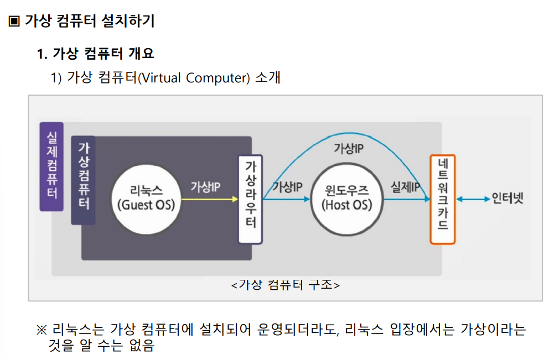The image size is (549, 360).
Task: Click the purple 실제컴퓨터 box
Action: [x=51, y=166]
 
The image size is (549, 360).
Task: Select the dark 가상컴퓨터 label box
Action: [x=84, y=180]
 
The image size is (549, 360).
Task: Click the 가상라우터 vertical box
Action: [x=250, y=199]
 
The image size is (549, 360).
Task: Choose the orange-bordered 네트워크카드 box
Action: [x=442, y=199]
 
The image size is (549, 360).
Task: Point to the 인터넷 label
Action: [x=507, y=198]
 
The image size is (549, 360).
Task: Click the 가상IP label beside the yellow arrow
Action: [x=206, y=186]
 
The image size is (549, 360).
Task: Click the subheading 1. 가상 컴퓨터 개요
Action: [x=95, y=54]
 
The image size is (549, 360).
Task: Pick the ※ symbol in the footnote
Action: [x=42, y=330]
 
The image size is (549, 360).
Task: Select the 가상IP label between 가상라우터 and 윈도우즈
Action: [x=287, y=186]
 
